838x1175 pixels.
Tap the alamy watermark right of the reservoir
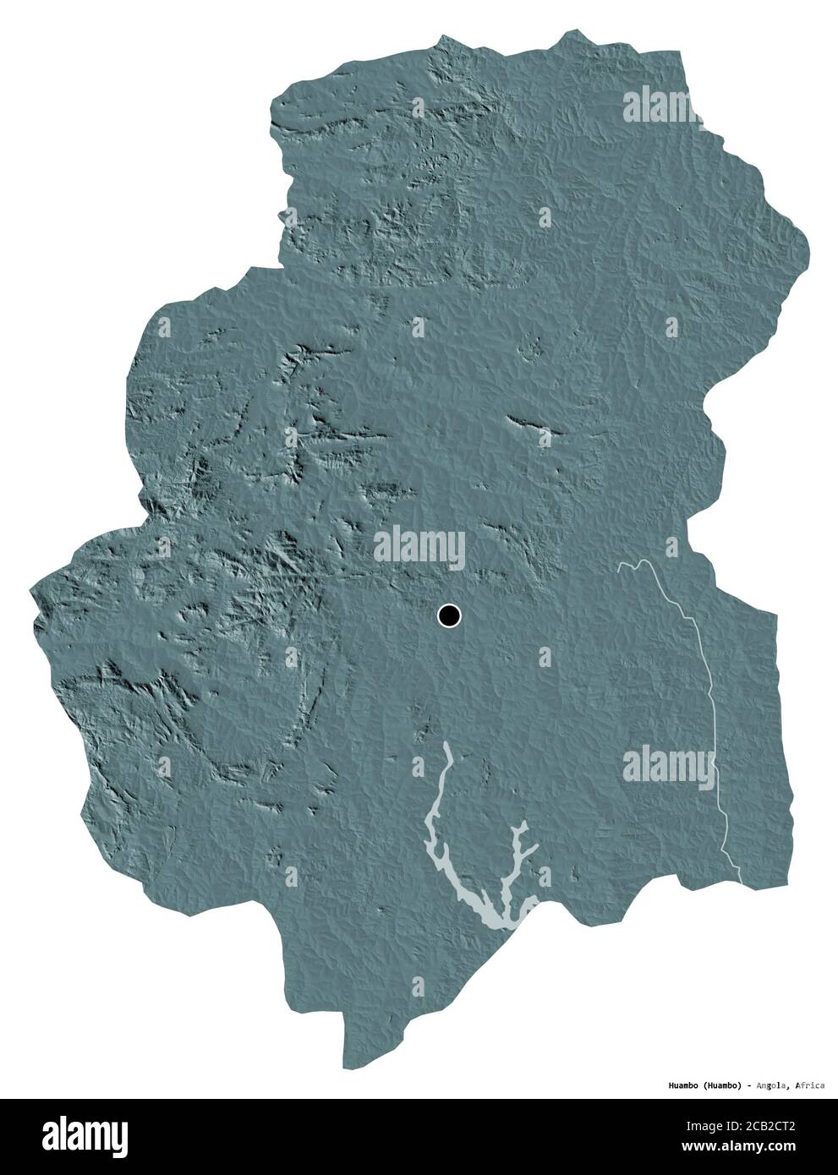click(667, 765)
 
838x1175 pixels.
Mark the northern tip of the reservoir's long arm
click(448, 746)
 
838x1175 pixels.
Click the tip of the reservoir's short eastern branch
click(526, 823)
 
